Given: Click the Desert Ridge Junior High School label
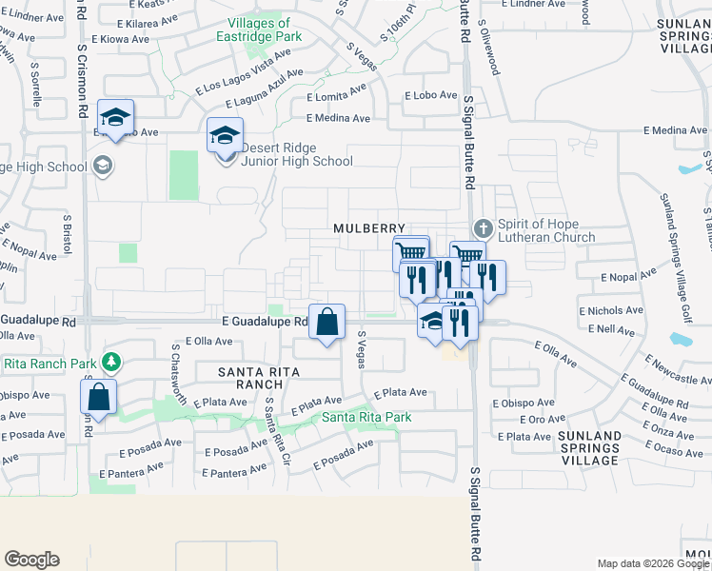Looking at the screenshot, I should tap(296, 154).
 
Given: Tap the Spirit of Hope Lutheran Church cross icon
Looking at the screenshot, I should tap(484, 228).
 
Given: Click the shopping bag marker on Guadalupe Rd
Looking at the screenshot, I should tap(326, 322).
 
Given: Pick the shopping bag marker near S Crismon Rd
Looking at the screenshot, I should tap(98, 396).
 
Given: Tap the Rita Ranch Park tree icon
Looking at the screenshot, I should tap(112, 362).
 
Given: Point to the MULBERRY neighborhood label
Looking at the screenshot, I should tap(370, 228).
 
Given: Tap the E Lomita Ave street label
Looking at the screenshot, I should tap(336, 97).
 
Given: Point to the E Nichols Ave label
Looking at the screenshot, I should tap(609, 310).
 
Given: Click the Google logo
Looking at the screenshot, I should tap(31, 560).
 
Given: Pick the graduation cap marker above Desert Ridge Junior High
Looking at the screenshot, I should tap(226, 135).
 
